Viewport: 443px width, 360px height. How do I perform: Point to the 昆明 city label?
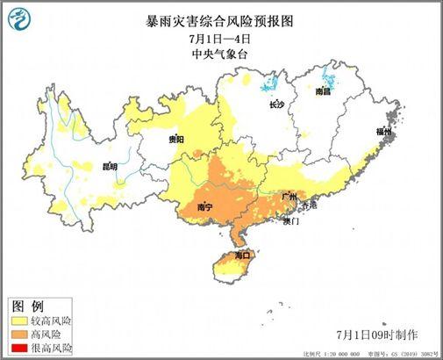110,165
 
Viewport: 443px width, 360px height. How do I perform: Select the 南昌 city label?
324,91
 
